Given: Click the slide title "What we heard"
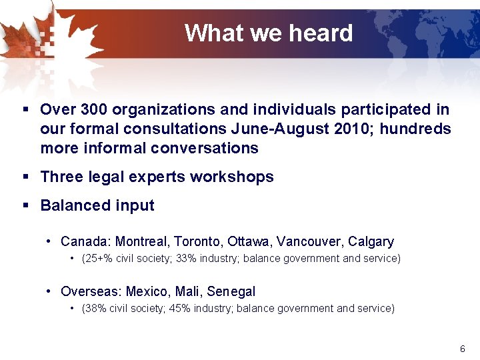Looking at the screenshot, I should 268,33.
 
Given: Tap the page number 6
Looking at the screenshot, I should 463,349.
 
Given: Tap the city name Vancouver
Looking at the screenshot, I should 309,241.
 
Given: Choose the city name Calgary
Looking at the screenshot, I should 371,241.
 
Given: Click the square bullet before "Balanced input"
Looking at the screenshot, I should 25,205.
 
